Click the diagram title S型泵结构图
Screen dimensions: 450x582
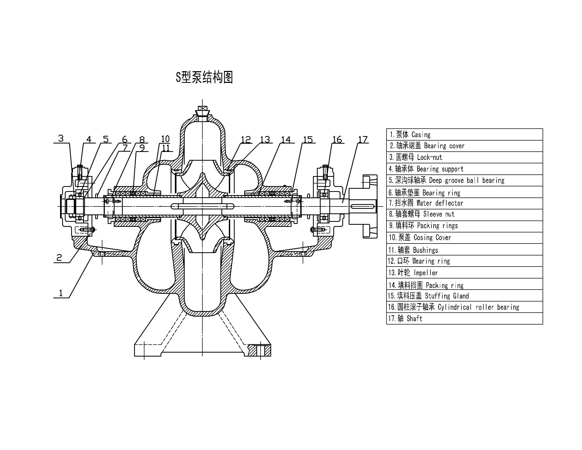[204, 77]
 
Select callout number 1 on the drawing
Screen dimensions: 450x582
[61, 293]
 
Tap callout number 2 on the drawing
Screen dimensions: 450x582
[59, 257]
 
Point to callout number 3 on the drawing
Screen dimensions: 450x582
[61, 138]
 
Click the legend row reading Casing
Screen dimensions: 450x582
[464, 135]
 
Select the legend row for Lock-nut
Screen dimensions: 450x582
[464, 157]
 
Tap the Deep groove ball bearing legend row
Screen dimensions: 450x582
[464, 181]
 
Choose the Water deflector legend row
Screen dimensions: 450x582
[464, 203]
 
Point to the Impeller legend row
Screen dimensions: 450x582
[464, 273]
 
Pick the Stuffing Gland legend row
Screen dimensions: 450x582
[464, 296]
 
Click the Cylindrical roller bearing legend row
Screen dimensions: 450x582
[464, 307]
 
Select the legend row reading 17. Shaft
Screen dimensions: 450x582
[464, 318]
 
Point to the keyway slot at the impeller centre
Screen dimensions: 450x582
[202, 206]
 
